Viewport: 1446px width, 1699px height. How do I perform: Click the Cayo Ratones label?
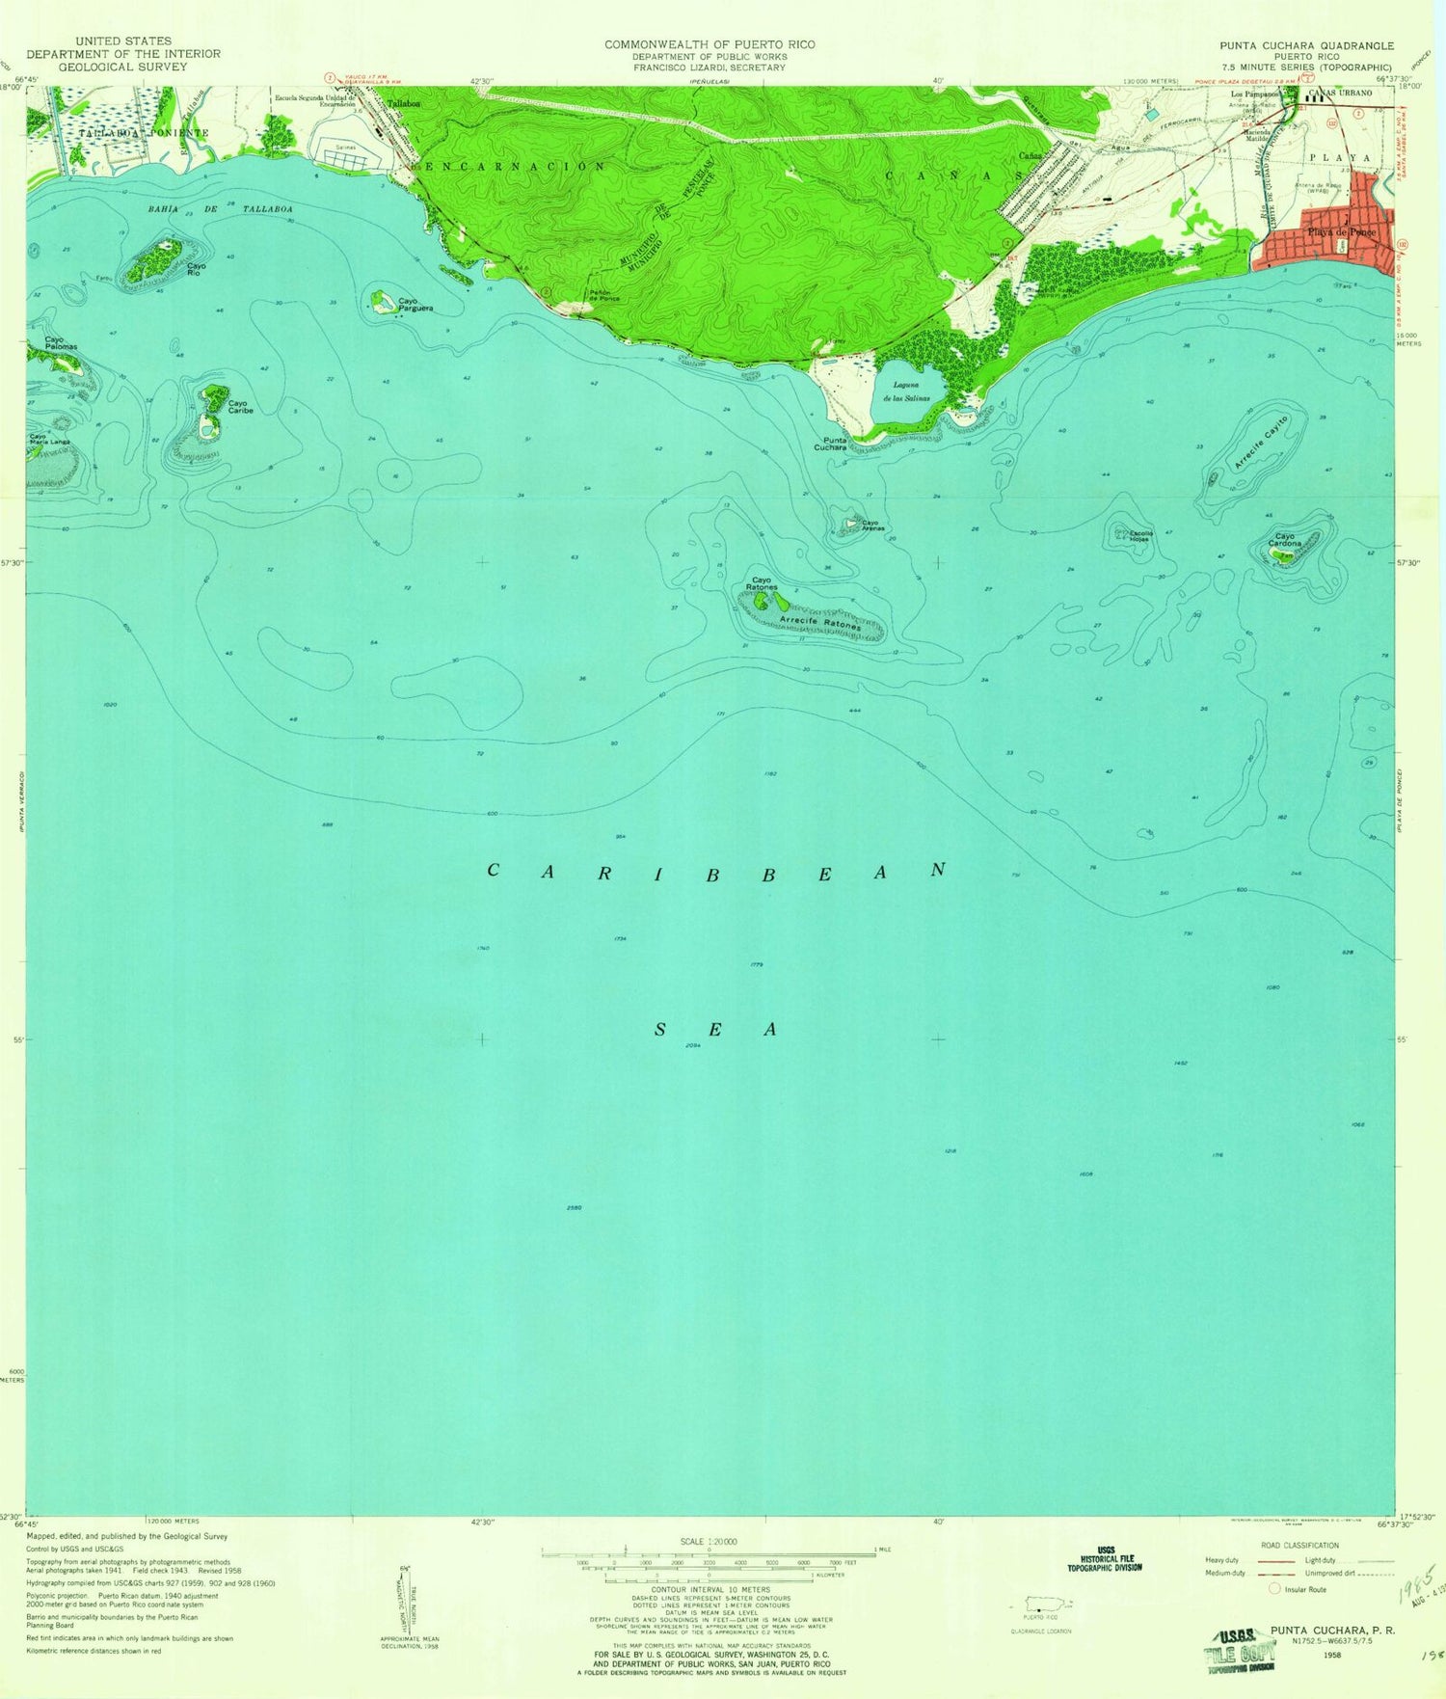[761, 583]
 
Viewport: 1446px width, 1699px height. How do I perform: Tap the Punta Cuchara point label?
[829, 444]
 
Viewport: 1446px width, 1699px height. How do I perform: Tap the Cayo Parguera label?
[415, 305]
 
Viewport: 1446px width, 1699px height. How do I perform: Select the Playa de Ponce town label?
[1340, 232]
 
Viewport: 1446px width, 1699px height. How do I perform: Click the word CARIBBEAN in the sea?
[718, 871]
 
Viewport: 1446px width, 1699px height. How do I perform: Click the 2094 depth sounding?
[691, 1045]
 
